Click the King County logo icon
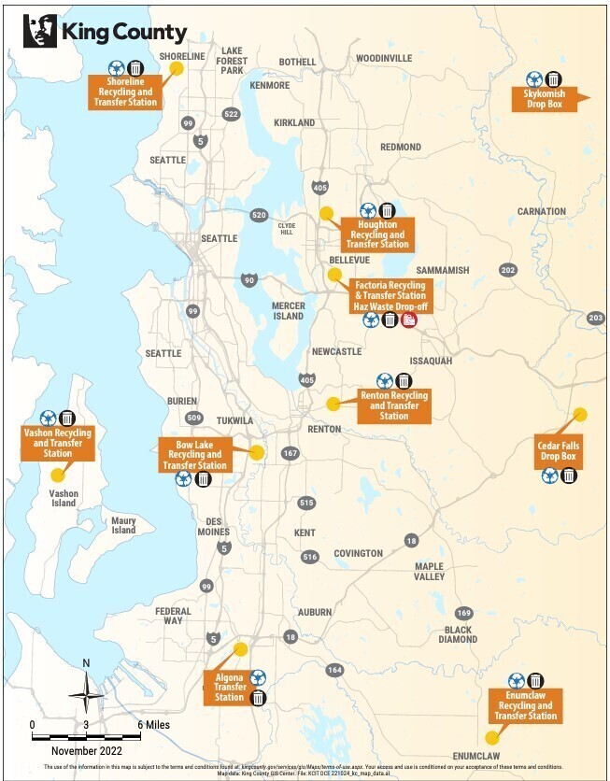pos(39,32)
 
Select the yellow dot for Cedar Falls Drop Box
pos(579,414)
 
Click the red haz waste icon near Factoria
pos(409,320)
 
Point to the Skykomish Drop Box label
pos(544,99)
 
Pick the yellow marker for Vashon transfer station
pos(58,475)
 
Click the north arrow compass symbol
pos(87,689)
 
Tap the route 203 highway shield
pos(596,319)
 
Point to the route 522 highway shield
pos(232,114)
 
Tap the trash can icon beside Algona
pos(259,697)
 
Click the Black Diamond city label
pos(460,634)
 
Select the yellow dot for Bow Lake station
pos(257,452)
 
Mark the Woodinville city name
pos(384,58)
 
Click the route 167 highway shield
pos(290,453)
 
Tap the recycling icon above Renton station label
pos(384,380)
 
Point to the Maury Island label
pos(123,525)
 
